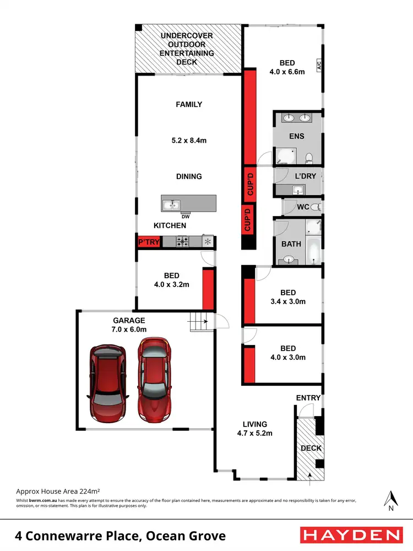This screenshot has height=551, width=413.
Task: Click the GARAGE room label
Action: pos(129,320)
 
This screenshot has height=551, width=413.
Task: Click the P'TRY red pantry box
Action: pos(148,242)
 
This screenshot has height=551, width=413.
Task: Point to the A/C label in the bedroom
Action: pos(318,66)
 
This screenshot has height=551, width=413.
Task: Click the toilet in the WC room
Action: pos(315,207)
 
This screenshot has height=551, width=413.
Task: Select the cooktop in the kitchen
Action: pos(183,241)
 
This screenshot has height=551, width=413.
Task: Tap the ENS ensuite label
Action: pos(297,136)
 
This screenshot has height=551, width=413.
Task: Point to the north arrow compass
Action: pos(391,500)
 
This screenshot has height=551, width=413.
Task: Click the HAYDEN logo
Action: pos(350,534)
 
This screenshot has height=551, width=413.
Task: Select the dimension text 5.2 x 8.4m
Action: pos(188,141)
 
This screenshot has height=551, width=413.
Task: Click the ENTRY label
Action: pos(308,397)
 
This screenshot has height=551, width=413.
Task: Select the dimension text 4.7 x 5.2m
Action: pos(254,433)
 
